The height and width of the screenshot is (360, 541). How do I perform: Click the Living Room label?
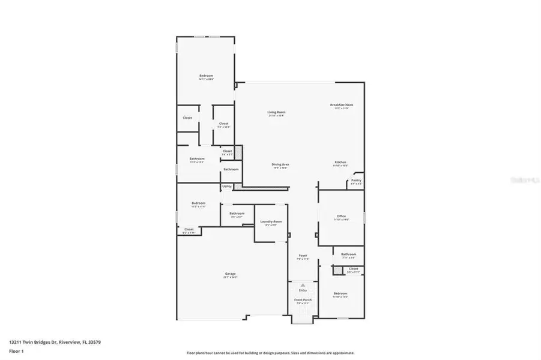pos(276,112)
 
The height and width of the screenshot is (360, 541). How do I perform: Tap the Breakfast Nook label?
pos(342,105)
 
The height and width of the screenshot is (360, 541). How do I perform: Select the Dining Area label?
pos(280,164)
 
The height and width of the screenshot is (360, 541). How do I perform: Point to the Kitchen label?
pos(340,163)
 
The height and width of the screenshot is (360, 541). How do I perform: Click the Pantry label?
pos(356,180)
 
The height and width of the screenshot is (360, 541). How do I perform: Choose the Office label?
pos(341,216)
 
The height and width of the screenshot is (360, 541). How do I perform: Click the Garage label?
pos(231,274)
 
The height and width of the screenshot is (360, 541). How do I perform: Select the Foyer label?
pos(303,256)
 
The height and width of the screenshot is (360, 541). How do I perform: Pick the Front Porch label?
pos(303,299)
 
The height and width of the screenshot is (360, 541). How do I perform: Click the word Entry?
pos(303,290)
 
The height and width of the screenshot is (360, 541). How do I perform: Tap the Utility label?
pos(227,187)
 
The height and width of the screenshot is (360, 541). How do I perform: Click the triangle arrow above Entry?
pos(303,284)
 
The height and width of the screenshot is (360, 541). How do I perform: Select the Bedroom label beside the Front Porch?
pos(340,293)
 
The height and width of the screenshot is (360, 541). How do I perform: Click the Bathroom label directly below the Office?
pos(348,254)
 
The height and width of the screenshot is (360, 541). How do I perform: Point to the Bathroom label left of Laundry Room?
pos(237,213)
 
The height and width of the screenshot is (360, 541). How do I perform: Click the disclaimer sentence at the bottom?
pos(270,353)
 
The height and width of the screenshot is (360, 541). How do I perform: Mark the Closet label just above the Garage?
pos(189,229)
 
